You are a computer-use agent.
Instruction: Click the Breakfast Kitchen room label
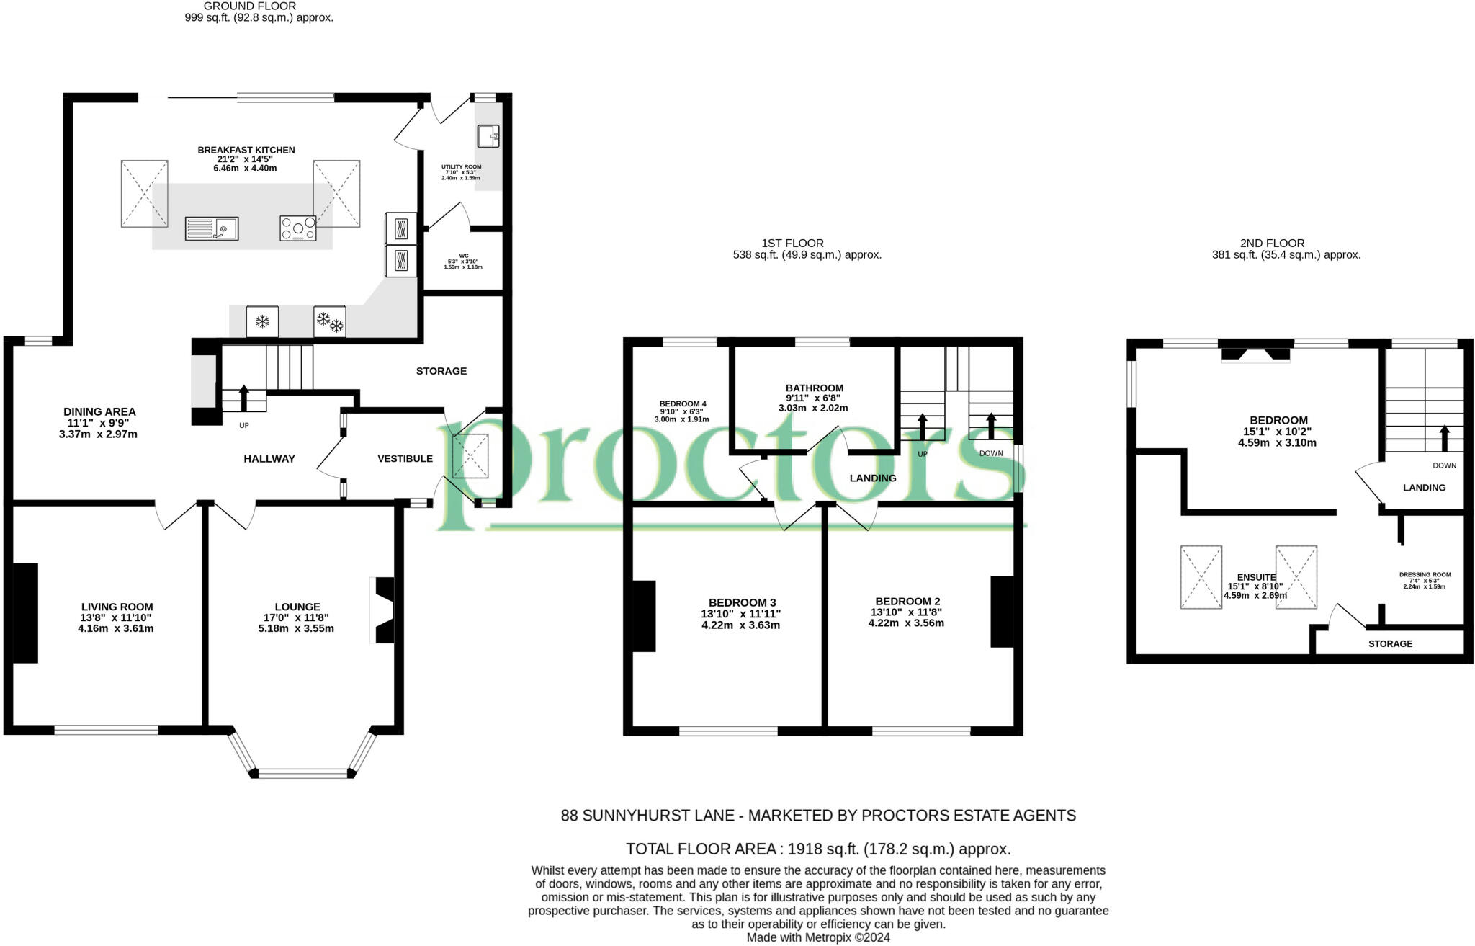246,150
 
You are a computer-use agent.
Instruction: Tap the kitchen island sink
212,228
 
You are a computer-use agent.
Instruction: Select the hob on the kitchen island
298,228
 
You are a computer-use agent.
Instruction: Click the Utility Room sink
488,135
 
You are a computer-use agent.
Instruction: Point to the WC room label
463,256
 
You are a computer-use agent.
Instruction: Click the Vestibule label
405,458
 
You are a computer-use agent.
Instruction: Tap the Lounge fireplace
383,610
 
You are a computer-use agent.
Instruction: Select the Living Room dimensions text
116,623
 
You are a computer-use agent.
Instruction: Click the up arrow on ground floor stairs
243,398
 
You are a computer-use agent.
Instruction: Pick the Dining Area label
99,411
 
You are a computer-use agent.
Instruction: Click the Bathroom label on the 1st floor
814,388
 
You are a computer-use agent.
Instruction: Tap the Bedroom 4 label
682,403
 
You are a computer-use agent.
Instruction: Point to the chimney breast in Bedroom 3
644,616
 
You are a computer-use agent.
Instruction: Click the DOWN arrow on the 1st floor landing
991,425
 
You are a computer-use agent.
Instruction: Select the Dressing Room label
1425,574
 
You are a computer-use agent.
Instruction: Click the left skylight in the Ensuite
1201,577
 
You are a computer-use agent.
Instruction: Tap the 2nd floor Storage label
1390,643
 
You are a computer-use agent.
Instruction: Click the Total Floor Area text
818,849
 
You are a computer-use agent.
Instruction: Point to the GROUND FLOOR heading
249,6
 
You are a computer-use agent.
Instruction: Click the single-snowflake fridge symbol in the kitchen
263,321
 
